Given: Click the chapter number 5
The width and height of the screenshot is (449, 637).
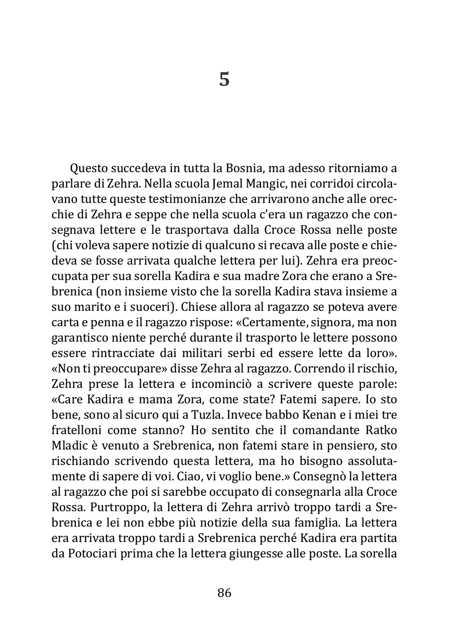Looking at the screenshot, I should [x=224, y=80].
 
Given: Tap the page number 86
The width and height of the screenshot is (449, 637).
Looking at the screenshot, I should [x=224, y=593].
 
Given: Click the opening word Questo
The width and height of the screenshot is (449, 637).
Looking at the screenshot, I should [x=89, y=168].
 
